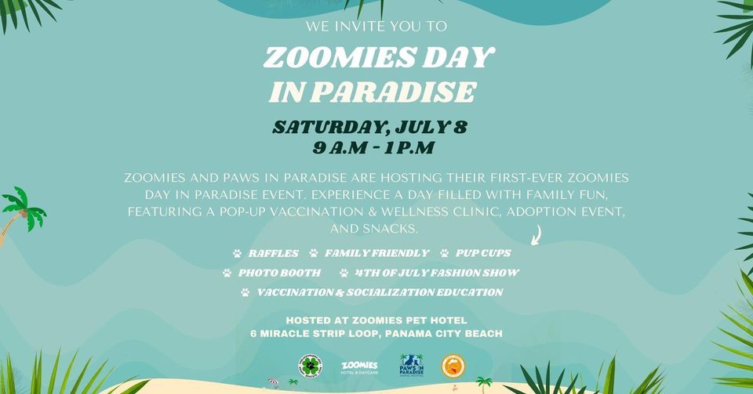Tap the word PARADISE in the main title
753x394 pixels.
(395, 93)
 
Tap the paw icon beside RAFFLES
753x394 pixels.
(237, 254)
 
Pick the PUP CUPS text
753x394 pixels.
(483, 254)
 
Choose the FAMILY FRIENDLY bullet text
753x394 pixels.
(376, 254)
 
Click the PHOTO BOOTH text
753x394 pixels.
(279, 273)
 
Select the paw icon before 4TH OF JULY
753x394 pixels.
(344, 273)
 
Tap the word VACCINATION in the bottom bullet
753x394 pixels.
(300, 293)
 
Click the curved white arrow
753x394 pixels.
(538, 233)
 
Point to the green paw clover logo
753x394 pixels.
(311, 365)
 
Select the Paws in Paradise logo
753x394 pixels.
(411, 366)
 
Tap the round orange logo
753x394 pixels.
(453, 366)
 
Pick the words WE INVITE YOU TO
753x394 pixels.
(376, 27)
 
